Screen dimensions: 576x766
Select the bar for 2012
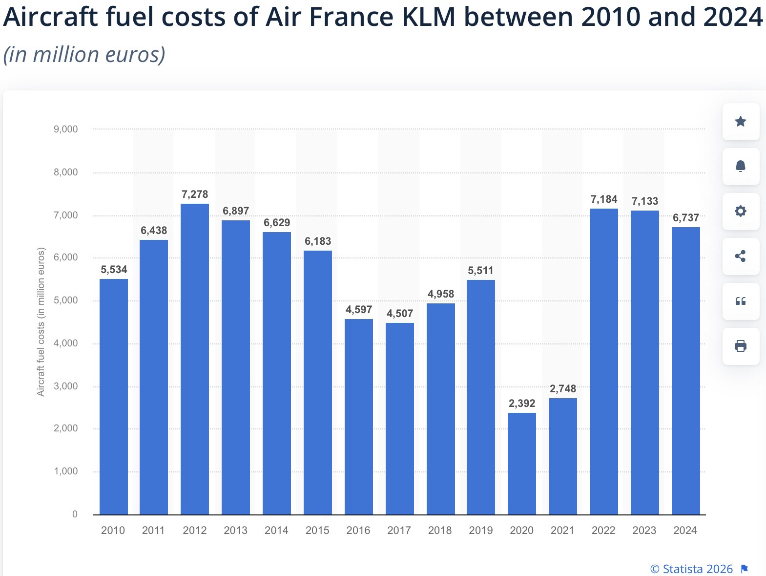[x=195, y=359]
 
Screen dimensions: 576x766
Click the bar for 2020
[x=521, y=464]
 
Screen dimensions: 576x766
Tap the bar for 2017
[x=399, y=419]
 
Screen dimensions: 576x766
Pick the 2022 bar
[x=603, y=362]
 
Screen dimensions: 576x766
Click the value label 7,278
[x=195, y=194]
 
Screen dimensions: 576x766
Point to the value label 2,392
[x=521, y=404]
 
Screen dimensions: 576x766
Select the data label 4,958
[x=440, y=294]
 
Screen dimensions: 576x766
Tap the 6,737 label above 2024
[x=685, y=218]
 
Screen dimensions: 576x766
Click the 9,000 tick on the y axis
[x=66, y=129]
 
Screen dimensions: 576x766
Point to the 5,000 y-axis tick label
[x=66, y=300]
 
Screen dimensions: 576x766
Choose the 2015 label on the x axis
[x=317, y=531]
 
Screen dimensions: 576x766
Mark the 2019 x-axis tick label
[x=481, y=531]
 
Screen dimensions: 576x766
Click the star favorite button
[x=741, y=122]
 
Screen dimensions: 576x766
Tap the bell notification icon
[x=741, y=167]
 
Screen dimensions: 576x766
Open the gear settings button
[x=741, y=212]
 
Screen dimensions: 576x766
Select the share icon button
[x=741, y=256]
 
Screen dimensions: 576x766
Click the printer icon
[x=741, y=346]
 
